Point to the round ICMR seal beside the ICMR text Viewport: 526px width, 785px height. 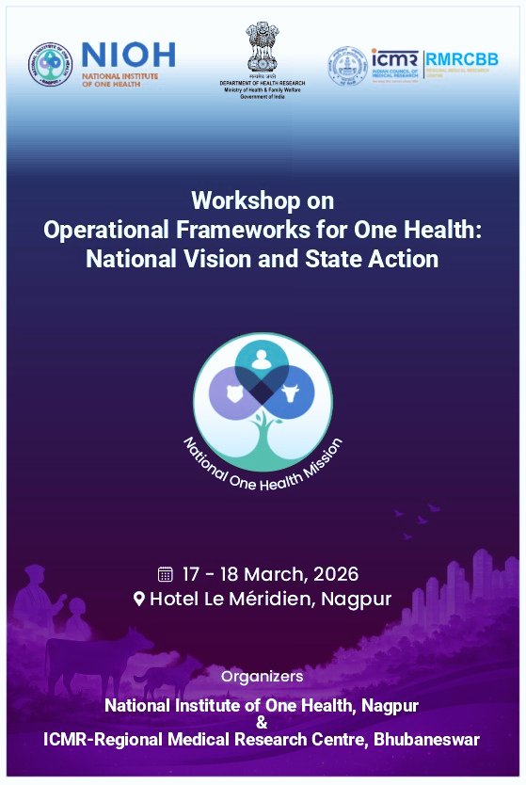347,67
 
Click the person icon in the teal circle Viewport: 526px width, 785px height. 263,359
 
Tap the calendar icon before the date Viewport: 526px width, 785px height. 166,573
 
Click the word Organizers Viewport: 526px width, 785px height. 263,676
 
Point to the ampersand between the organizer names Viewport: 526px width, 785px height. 262,722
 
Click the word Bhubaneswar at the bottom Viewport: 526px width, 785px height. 426,740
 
